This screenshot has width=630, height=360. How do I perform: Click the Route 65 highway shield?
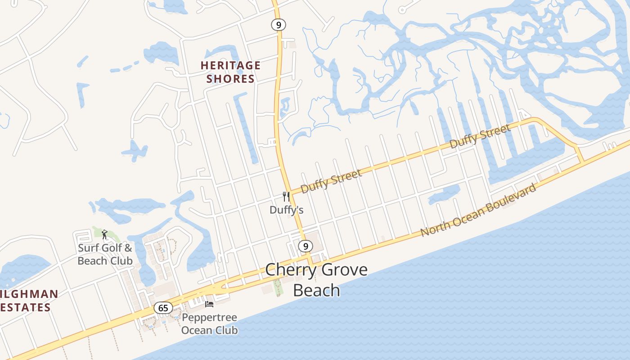click(163, 308)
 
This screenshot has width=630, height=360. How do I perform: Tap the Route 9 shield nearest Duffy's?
click(306, 246)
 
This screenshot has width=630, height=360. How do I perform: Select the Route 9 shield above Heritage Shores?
click(279, 25)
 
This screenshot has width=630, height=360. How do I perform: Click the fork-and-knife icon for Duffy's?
click(286, 196)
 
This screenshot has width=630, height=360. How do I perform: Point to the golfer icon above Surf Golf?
click(104, 234)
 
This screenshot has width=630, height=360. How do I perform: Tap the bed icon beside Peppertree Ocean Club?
click(209, 304)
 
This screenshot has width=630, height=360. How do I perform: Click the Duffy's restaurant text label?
click(287, 210)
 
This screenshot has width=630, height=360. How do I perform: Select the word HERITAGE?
click(230, 66)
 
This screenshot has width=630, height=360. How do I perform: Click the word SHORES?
click(230, 79)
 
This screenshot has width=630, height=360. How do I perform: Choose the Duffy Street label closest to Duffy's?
click(331, 181)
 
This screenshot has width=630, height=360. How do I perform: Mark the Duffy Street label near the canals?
click(481, 136)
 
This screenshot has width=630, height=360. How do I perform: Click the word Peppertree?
click(209, 318)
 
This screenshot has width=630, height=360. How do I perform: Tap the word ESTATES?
click(25, 308)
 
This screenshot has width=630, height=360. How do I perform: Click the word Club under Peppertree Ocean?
click(226, 330)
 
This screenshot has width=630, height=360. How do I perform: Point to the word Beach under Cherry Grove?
click(316, 290)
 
